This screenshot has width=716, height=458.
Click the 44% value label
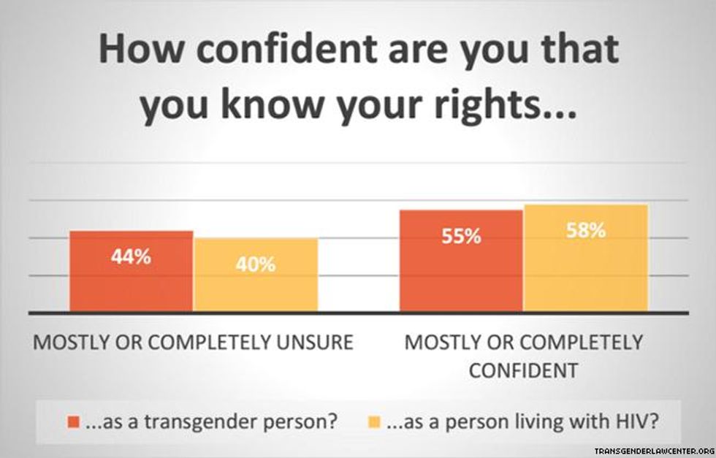click(132, 257)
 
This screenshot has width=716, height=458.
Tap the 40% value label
click(256, 264)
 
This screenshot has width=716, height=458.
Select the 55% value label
click(461, 237)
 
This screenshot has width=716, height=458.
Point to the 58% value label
click(586, 231)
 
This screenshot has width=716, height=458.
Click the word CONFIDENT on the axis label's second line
click(523, 370)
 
